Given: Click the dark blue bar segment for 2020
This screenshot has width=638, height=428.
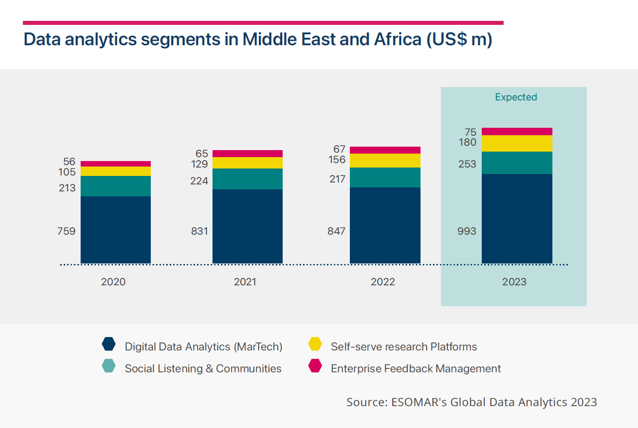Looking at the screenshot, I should (115, 230).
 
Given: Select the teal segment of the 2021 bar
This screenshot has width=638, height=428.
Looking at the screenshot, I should (247, 179).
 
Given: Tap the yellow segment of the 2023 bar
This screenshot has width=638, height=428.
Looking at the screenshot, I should (517, 143).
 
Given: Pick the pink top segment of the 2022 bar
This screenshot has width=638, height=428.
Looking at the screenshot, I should (385, 150).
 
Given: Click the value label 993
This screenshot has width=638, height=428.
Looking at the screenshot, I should (467, 231).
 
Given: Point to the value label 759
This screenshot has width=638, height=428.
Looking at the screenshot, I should (66, 231).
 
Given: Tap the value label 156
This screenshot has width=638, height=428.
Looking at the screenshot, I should (336, 160).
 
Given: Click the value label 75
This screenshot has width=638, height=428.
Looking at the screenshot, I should (470, 132).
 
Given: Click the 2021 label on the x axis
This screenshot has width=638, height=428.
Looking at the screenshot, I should (245, 282).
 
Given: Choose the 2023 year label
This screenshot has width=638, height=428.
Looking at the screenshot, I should (514, 282).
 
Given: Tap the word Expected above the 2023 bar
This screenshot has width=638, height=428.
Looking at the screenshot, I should (516, 97).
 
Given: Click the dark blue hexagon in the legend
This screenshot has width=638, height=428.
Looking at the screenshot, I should (108, 344).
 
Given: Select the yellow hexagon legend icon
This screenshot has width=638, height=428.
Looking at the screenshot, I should (315, 344).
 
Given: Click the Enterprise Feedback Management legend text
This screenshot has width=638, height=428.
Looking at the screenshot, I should (416, 368).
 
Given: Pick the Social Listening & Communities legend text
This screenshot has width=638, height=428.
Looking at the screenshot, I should (203, 368).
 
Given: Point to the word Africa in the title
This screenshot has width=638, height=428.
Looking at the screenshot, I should (397, 39).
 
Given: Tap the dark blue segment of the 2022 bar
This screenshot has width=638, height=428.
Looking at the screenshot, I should (385, 225).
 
